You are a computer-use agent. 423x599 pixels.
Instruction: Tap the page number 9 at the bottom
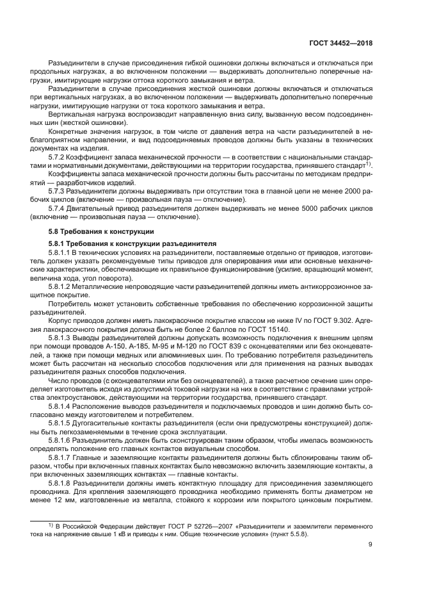[371, 545]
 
